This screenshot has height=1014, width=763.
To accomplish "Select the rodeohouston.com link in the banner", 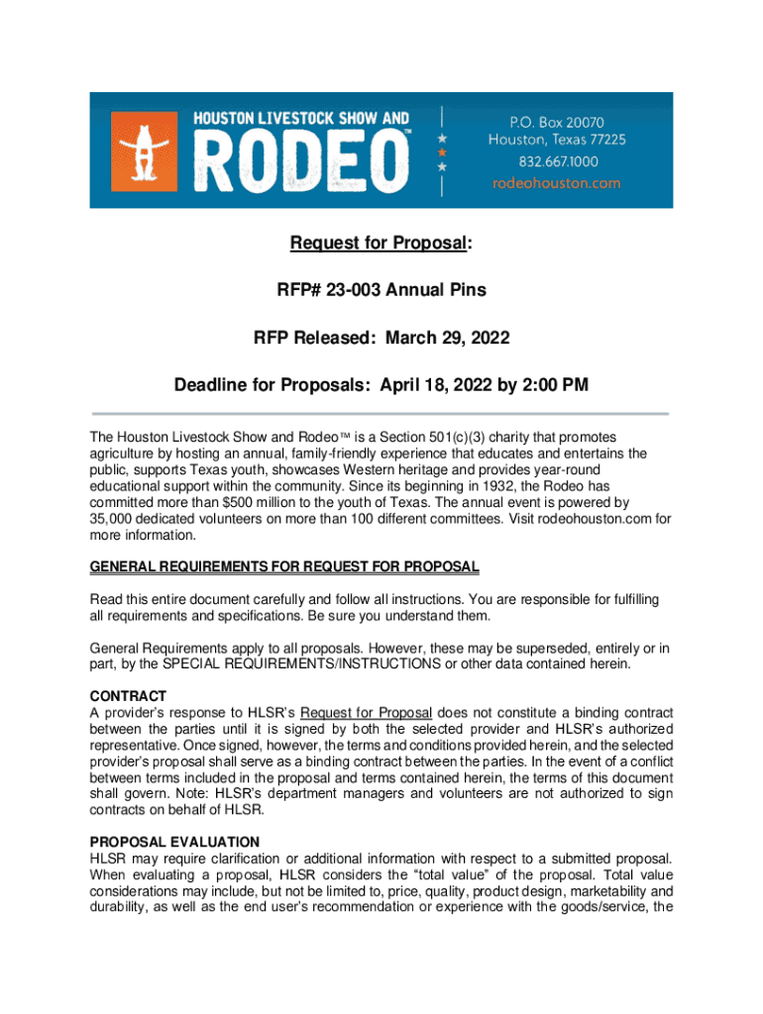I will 556,183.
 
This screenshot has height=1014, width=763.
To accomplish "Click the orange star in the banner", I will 442,152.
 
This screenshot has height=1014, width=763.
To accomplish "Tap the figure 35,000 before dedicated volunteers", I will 112,518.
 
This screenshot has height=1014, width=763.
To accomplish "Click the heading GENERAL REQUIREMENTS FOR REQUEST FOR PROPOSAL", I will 284,567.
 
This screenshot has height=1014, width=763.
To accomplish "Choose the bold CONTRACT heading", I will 128,696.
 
